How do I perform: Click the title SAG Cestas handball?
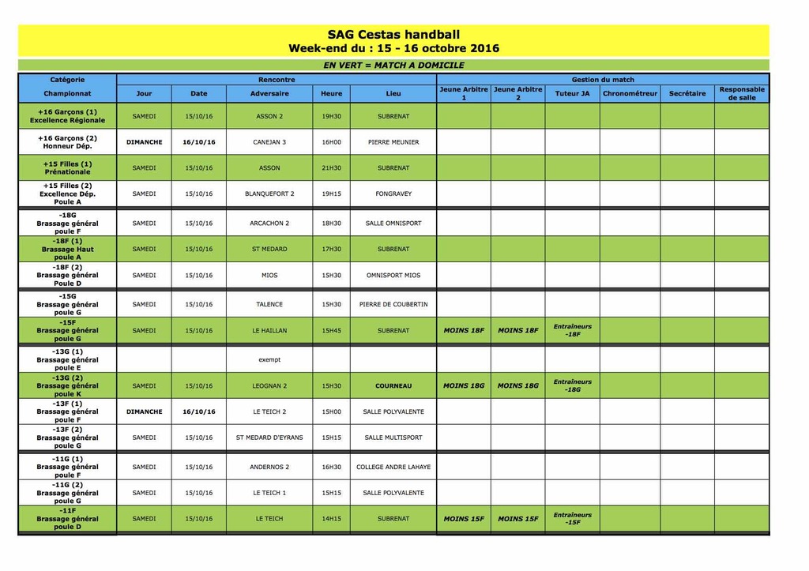(393, 35)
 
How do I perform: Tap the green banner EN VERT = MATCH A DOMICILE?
(393, 66)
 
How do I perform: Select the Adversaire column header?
(269, 93)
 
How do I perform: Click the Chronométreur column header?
(630, 93)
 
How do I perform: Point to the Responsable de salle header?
(742, 93)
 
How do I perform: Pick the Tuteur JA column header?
(572, 93)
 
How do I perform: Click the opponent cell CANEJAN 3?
(269, 142)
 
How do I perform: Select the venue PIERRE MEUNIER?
(393, 142)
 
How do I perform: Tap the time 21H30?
(332, 168)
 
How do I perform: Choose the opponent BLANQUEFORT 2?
(269, 193)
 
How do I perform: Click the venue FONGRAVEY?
(393, 193)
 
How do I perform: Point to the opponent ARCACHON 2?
(269, 224)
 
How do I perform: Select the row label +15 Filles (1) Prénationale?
(67, 168)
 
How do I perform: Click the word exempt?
(269, 359)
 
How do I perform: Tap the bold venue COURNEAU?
(393, 386)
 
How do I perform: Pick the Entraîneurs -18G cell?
(572, 385)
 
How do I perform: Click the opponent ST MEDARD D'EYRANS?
(269, 438)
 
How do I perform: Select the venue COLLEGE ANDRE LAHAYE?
(393, 467)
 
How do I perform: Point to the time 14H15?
(332, 519)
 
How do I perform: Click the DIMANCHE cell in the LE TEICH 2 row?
(144, 411)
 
